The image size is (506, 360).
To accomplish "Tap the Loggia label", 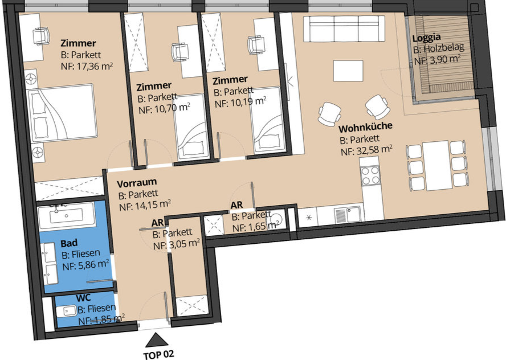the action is pos(426,38).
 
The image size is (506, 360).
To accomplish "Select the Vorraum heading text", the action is pos(137,183).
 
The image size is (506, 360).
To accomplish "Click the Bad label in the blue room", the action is pos(69,243).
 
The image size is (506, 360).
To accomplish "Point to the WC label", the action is pos(84,297).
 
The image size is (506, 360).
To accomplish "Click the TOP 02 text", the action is pos(159,354).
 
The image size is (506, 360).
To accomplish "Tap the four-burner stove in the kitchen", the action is pos(370,175).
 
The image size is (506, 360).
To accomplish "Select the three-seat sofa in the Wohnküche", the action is pos(344,28).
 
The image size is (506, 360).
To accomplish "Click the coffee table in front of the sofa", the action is pos(348,71).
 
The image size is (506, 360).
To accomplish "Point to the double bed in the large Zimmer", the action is pos(62,113).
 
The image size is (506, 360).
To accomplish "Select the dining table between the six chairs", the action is pos(435,165).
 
